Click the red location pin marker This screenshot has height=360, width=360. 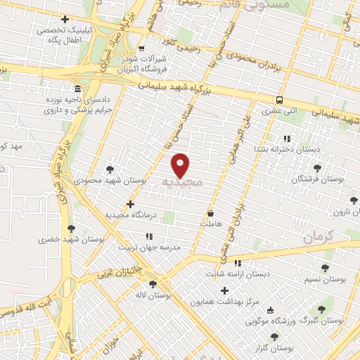click(x=181, y=165)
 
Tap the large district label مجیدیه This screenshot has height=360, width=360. click(x=181, y=182)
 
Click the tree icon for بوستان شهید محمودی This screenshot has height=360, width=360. click(x=109, y=169)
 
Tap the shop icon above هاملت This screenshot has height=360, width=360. click(x=210, y=212)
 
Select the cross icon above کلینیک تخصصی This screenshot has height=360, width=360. click(x=65, y=19)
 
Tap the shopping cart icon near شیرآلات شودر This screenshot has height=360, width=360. click(x=142, y=49)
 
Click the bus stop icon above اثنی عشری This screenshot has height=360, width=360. click(x=281, y=100)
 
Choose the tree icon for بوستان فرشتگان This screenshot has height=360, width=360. click(x=317, y=168)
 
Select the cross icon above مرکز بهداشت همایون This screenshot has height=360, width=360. click(x=224, y=290)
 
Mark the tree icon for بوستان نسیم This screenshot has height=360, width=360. click(x=324, y=268)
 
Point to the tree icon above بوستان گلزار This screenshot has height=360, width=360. click(x=274, y=337)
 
